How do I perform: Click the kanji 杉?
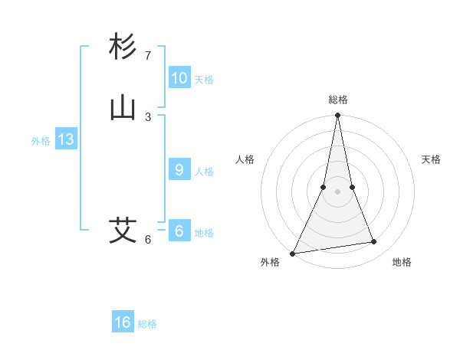click(x=123, y=47)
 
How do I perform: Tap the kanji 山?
click(x=123, y=108)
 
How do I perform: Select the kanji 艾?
click(x=123, y=230)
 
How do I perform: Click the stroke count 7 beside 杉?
click(x=148, y=56)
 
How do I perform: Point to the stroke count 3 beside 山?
click(x=148, y=116)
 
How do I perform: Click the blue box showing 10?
click(x=179, y=78)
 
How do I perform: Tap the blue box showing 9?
click(x=179, y=170)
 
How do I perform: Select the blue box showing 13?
click(x=66, y=139)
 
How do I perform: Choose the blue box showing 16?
click(x=123, y=322)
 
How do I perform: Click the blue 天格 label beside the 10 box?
click(x=204, y=79)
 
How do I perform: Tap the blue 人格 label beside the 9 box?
click(x=204, y=171)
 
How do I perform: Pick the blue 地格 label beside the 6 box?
click(x=204, y=232)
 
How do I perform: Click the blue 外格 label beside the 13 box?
click(x=41, y=140)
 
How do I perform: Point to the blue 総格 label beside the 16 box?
click(x=147, y=324)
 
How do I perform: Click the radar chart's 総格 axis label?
click(x=338, y=100)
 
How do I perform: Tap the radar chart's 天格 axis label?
click(x=431, y=159)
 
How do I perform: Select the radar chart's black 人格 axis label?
click(x=245, y=159)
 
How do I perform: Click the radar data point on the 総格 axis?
click(x=338, y=116)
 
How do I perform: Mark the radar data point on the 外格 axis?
click(x=293, y=254)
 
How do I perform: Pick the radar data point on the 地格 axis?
click(x=374, y=242)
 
